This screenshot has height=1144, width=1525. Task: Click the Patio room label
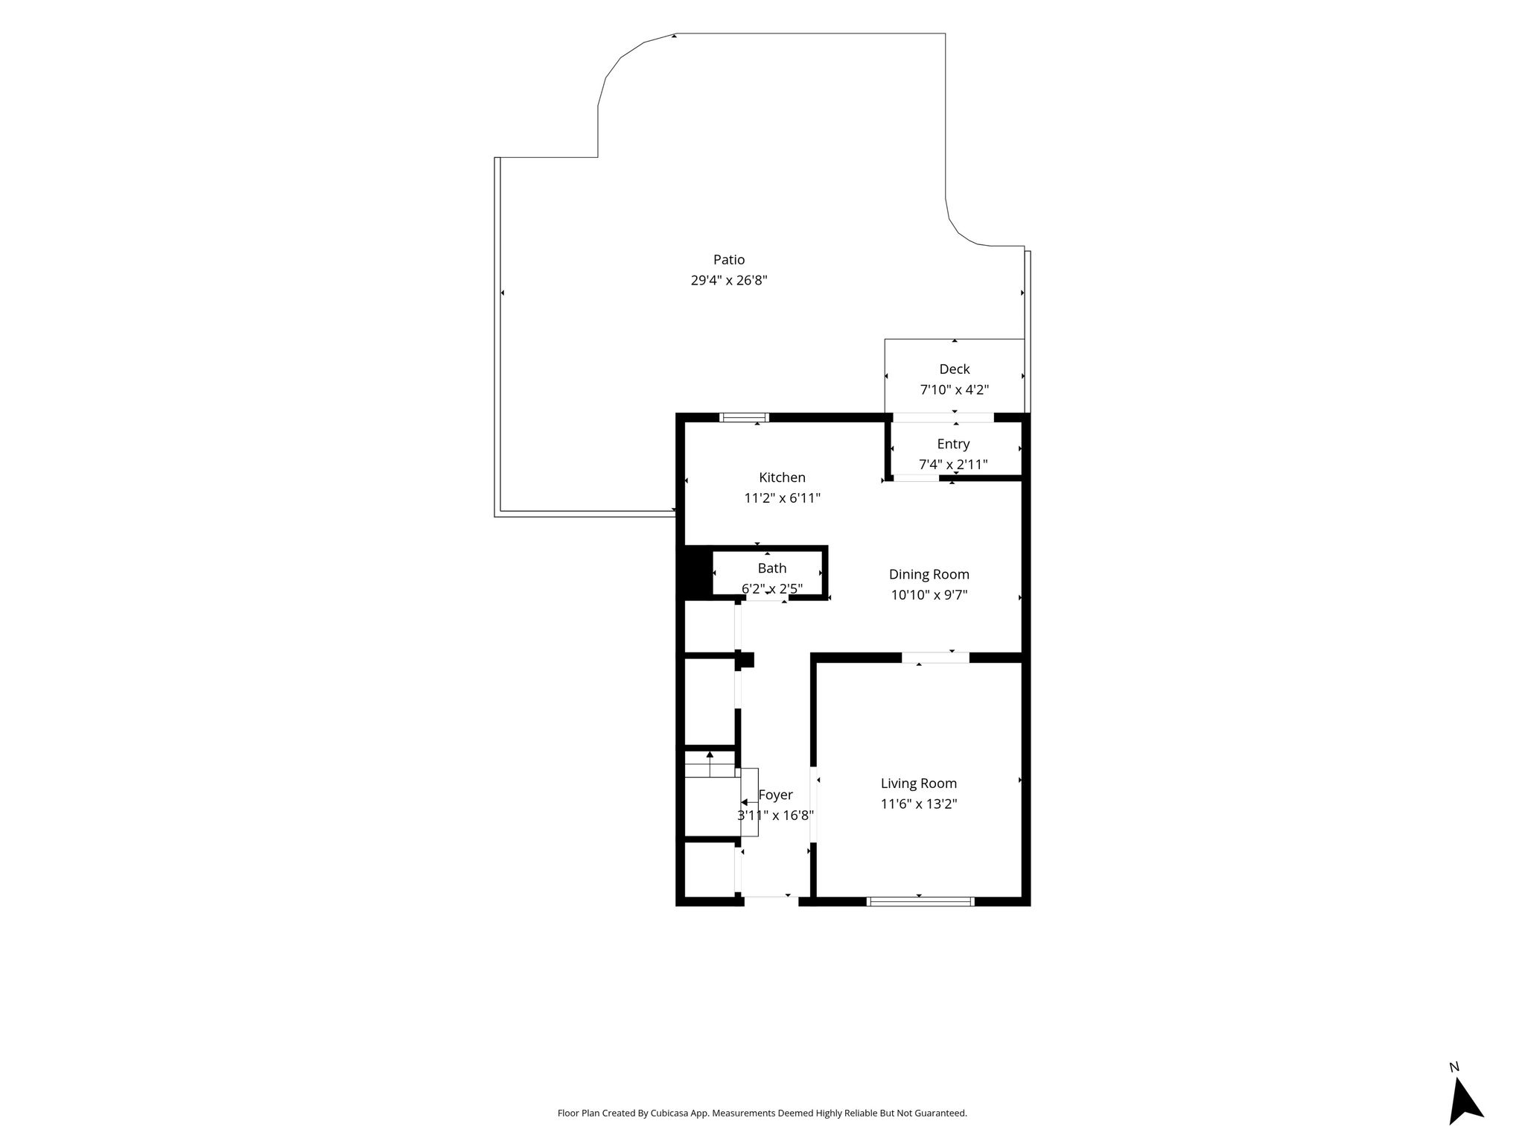point(729,260)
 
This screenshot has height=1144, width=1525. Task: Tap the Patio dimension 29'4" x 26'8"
point(729,281)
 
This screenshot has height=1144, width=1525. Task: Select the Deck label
point(955,369)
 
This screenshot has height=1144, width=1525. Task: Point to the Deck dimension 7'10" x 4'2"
point(955,390)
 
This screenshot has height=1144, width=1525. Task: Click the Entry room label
point(953,444)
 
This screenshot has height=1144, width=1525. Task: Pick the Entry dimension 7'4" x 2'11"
point(953,465)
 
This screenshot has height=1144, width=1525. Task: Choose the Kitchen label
point(782,477)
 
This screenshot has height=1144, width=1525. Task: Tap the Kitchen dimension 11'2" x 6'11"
point(782,498)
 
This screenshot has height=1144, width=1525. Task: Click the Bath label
point(772,568)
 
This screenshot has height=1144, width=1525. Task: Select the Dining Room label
point(929,574)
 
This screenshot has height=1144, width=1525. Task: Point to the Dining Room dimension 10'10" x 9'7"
point(929,595)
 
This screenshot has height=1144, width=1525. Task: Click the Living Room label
point(919,784)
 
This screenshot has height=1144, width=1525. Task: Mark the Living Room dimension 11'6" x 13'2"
point(919,804)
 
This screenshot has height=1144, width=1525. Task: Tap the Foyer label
point(776,795)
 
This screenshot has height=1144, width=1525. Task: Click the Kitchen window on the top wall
point(745,417)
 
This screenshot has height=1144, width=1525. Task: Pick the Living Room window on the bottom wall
point(920,902)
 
